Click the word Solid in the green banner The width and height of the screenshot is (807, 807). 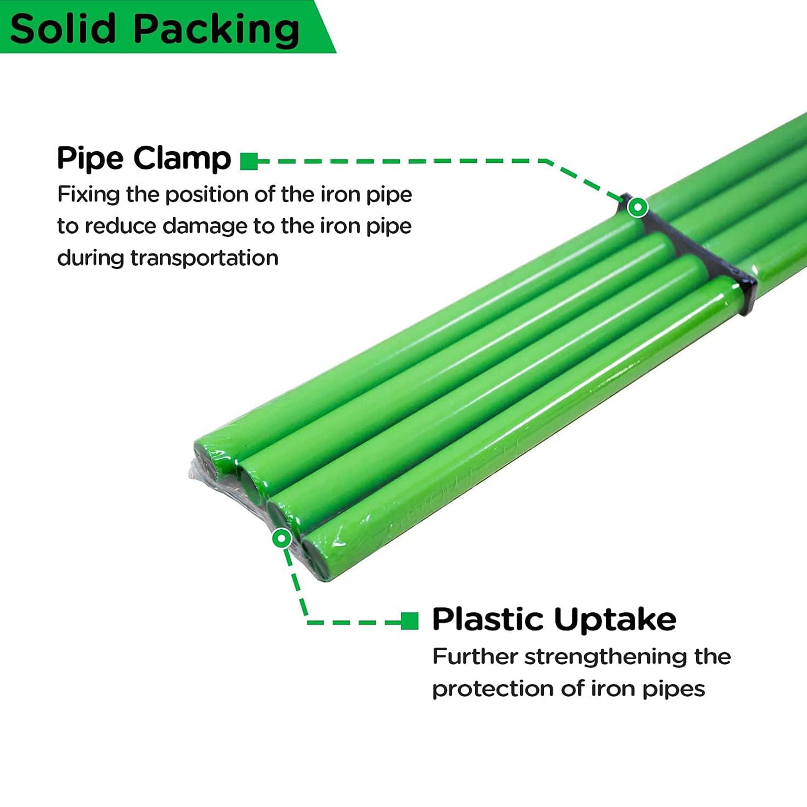pyautogui.click(x=63, y=29)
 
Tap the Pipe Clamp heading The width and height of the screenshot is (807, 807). pyautogui.click(x=144, y=158)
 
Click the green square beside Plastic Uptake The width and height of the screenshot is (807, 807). pyautogui.click(x=410, y=621)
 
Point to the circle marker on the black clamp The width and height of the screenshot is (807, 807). pyautogui.click(x=638, y=207)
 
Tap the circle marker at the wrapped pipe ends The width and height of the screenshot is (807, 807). pyautogui.click(x=281, y=538)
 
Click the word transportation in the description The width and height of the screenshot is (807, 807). pyautogui.click(x=204, y=258)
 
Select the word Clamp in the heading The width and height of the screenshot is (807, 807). pyautogui.click(x=182, y=158)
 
